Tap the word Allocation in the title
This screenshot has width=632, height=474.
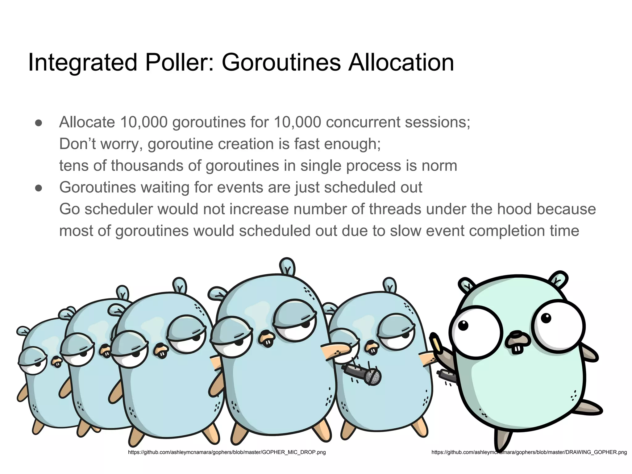pos(401,63)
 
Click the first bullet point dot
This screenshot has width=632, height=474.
pos(39,123)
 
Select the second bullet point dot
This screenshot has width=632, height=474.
pos(39,188)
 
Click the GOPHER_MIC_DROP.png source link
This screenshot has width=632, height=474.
pos(227,452)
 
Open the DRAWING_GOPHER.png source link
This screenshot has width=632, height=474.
pos(529,452)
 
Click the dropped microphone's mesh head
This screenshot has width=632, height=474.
pos(373,377)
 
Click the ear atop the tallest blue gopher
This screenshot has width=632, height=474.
pos(287,266)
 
